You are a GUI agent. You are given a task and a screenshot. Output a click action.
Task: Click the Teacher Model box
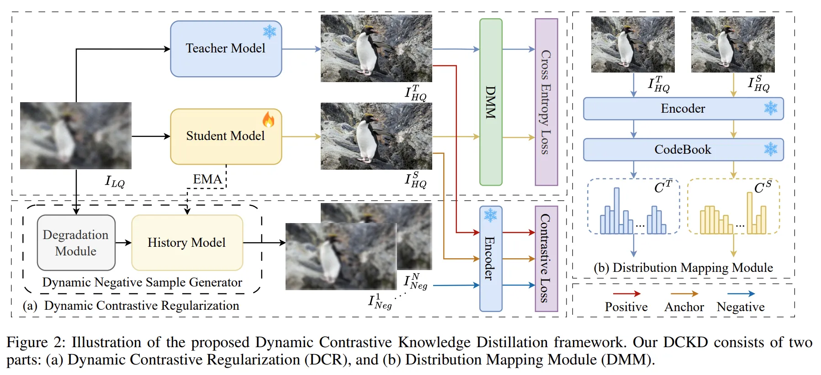pyautogui.click(x=226, y=49)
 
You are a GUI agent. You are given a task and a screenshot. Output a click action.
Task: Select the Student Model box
pyautogui.click(x=226, y=136)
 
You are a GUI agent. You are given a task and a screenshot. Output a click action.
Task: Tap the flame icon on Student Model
pyautogui.click(x=268, y=120)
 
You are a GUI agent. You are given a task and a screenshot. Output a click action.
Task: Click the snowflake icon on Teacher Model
pyautogui.click(x=270, y=32)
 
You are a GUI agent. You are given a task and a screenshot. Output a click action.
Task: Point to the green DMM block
pyautogui.click(x=491, y=102)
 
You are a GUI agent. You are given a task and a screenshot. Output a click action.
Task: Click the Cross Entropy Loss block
pyautogui.click(x=546, y=102)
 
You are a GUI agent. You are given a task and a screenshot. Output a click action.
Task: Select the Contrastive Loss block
pyautogui.click(x=546, y=259)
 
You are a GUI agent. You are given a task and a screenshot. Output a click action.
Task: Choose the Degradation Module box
pyautogui.click(x=76, y=243)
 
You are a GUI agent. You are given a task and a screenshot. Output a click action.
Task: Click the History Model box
pyautogui.click(x=187, y=243)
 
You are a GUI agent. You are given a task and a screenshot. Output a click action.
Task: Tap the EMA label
pyautogui.click(x=207, y=179)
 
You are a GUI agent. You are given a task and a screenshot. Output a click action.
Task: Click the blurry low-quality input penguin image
pyautogui.click(x=76, y=135)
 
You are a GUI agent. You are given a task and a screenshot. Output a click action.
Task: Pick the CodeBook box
pyautogui.click(x=683, y=150)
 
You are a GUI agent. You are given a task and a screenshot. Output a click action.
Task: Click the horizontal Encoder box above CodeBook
pyautogui.click(x=683, y=109)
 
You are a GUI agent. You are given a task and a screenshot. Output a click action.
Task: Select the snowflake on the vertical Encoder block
pyautogui.click(x=490, y=215)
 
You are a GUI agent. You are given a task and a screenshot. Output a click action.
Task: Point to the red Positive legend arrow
pyautogui.click(x=626, y=294)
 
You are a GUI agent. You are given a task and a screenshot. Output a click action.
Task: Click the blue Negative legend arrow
pyautogui.click(x=741, y=294)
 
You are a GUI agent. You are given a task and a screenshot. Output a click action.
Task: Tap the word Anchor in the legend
pyautogui.click(x=684, y=307)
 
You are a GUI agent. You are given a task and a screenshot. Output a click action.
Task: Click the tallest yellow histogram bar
pyautogui.click(x=750, y=213)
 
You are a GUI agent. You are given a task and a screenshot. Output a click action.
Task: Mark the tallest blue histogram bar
pyautogui.click(x=617, y=211)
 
